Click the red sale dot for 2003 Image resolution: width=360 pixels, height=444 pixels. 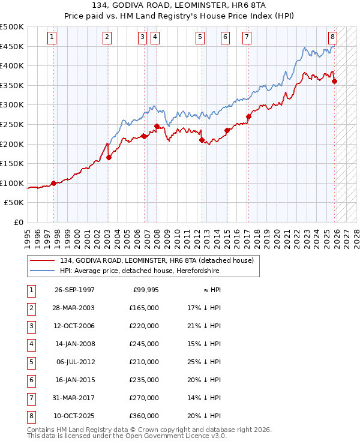[x=109, y=158]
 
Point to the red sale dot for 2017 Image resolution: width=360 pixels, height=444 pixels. [x=248, y=116]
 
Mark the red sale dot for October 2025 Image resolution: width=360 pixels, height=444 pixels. [x=334, y=82]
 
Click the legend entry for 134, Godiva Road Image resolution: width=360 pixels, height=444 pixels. [x=157, y=260]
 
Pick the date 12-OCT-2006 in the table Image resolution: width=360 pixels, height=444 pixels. [x=74, y=326]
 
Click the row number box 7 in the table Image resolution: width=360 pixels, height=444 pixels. [x=30, y=398]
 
